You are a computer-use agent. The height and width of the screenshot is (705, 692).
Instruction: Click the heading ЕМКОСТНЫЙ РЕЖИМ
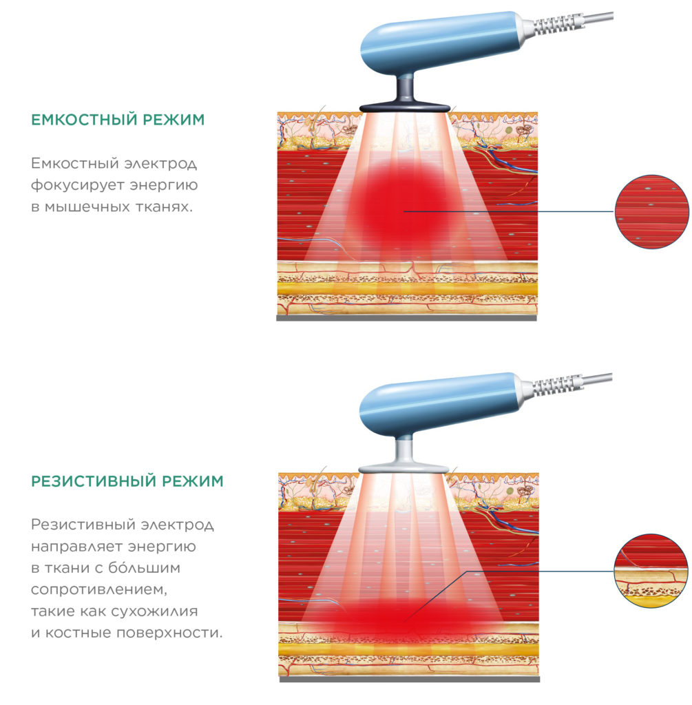pyautogui.click(x=118, y=120)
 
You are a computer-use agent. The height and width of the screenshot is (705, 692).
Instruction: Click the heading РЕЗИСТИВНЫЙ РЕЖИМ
pyautogui.click(x=127, y=481)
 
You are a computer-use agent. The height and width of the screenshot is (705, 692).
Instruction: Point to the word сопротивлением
pyautogui.click(x=99, y=589)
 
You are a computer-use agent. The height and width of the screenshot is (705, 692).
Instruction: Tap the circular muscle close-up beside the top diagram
pyautogui.click(x=651, y=212)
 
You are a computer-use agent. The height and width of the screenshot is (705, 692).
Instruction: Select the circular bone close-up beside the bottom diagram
pyautogui.click(x=651, y=571)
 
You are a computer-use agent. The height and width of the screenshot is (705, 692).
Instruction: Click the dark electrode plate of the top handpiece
pyautogui.click(x=405, y=107)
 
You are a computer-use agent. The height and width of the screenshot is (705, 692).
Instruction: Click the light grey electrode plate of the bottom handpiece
pyautogui.click(x=403, y=468)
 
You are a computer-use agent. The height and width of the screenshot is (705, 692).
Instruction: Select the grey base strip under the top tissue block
pyautogui.click(x=406, y=318)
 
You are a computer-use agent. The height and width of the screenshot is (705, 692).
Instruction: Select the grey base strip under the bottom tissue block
pyautogui.click(x=410, y=680)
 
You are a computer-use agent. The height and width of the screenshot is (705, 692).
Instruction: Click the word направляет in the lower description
pyautogui.click(x=77, y=547)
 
